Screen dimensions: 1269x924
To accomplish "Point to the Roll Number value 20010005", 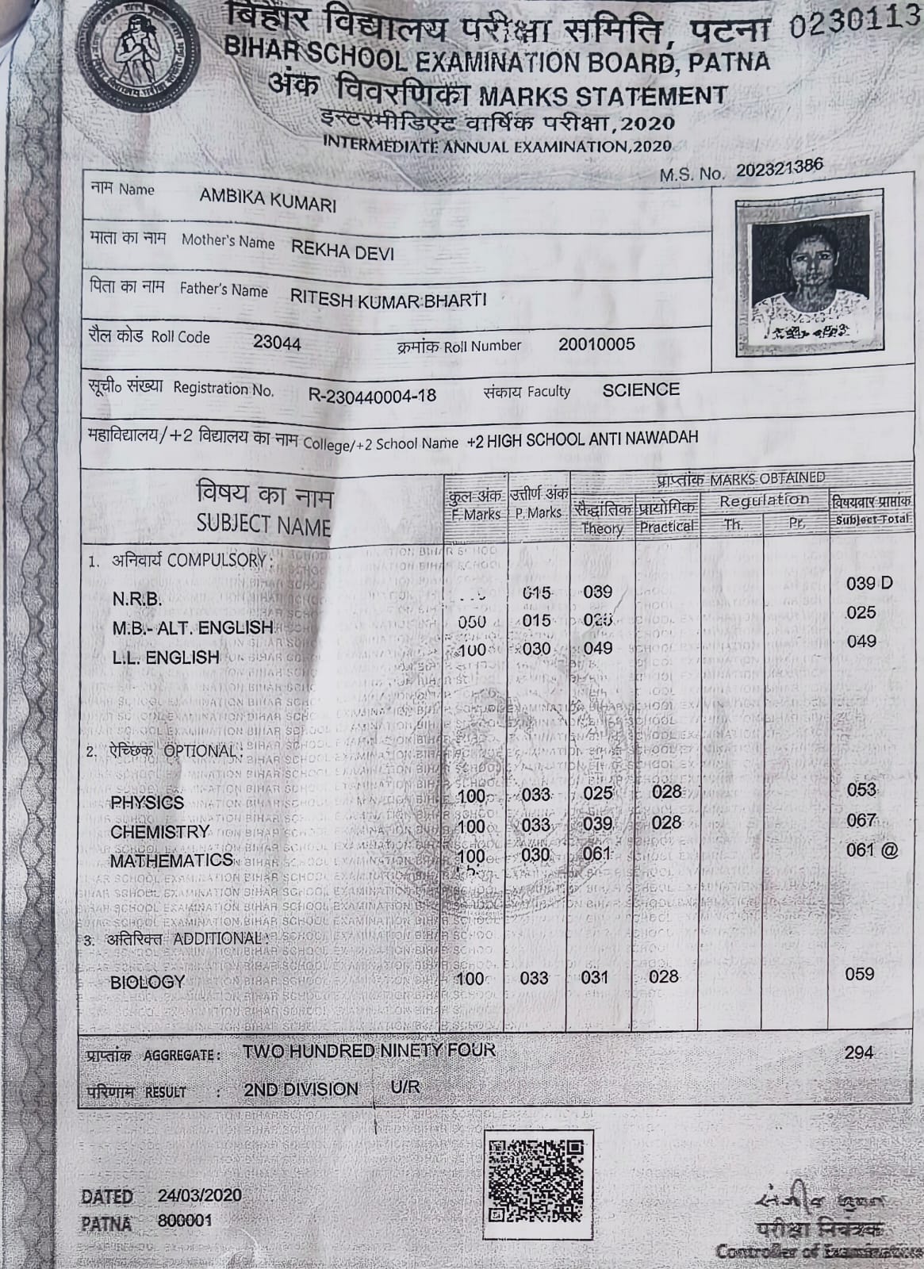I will tap(596, 344).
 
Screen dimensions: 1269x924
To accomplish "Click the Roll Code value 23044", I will tap(277, 343).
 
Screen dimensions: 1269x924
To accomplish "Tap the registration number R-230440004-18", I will tap(371, 395).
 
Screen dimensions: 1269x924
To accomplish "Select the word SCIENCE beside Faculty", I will tap(641, 389).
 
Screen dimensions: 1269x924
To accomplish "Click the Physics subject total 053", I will tap(861, 789).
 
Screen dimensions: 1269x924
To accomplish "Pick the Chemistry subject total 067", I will tap(861, 820).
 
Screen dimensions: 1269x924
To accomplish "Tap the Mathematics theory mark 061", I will tap(596, 853).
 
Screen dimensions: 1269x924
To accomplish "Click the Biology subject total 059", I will tap(860, 974).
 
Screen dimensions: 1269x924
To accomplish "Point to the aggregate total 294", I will tap(859, 1052).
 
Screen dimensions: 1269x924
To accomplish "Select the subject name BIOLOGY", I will tap(148, 982).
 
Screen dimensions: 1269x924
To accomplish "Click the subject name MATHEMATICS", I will tap(171, 861).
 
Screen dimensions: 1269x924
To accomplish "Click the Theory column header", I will tap(602, 527).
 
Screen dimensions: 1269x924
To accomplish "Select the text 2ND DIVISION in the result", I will tap(301, 1089).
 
